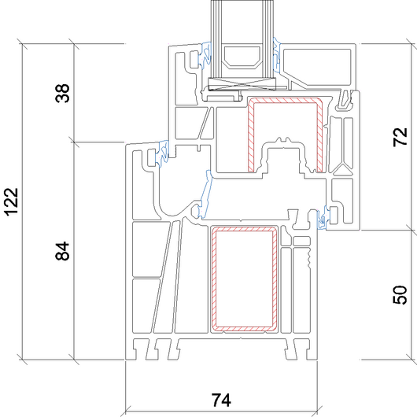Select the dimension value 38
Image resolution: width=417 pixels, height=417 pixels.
[62, 93]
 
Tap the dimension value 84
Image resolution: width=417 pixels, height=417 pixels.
[62, 251]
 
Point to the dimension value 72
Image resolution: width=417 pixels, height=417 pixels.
[400, 137]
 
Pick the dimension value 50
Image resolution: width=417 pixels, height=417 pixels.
[400, 295]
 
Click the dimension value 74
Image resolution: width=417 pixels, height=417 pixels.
[221, 400]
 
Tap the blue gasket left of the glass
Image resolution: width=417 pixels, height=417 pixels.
[206, 57]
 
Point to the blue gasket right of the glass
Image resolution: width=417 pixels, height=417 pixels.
[277, 54]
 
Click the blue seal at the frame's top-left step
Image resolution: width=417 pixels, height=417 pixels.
[164, 153]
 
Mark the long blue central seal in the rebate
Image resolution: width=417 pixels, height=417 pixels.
[206, 194]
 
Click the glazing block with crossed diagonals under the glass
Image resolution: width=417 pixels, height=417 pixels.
[242, 83]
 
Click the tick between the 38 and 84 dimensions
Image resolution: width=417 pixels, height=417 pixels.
[74, 142]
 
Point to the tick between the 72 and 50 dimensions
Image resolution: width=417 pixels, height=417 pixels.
[411, 230]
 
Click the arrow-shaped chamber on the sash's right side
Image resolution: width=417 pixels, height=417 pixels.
[342, 170]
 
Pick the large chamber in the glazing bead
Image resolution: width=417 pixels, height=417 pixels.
[317, 67]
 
